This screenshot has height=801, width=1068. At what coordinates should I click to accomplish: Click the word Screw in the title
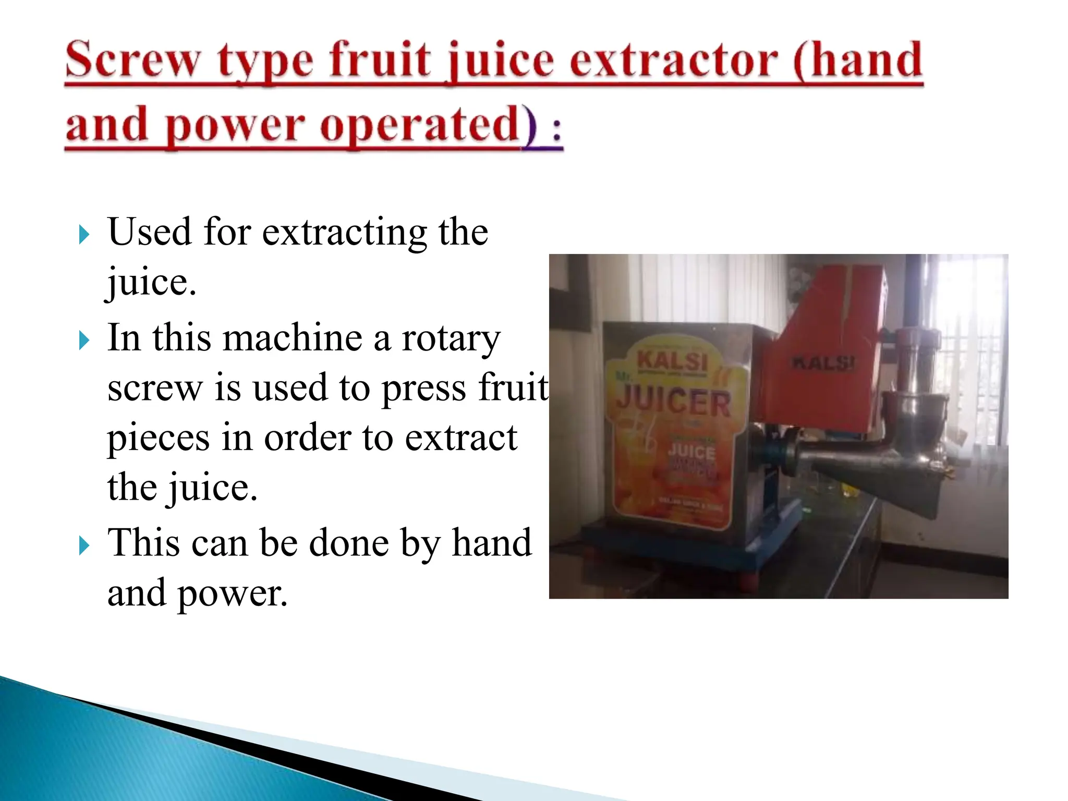click(x=132, y=60)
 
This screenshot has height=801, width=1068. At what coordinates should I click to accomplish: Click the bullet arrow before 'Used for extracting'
click(x=84, y=235)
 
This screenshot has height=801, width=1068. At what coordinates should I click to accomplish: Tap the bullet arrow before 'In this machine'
click(x=84, y=341)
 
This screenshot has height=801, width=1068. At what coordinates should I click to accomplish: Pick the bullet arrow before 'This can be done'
click(x=84, y=546)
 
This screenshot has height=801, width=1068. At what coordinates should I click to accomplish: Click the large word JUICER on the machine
click(x=674, y=403)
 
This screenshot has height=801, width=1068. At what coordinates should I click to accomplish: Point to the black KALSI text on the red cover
click(x=823, y=362)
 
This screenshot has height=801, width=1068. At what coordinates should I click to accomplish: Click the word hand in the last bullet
click(x=491, y=543)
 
